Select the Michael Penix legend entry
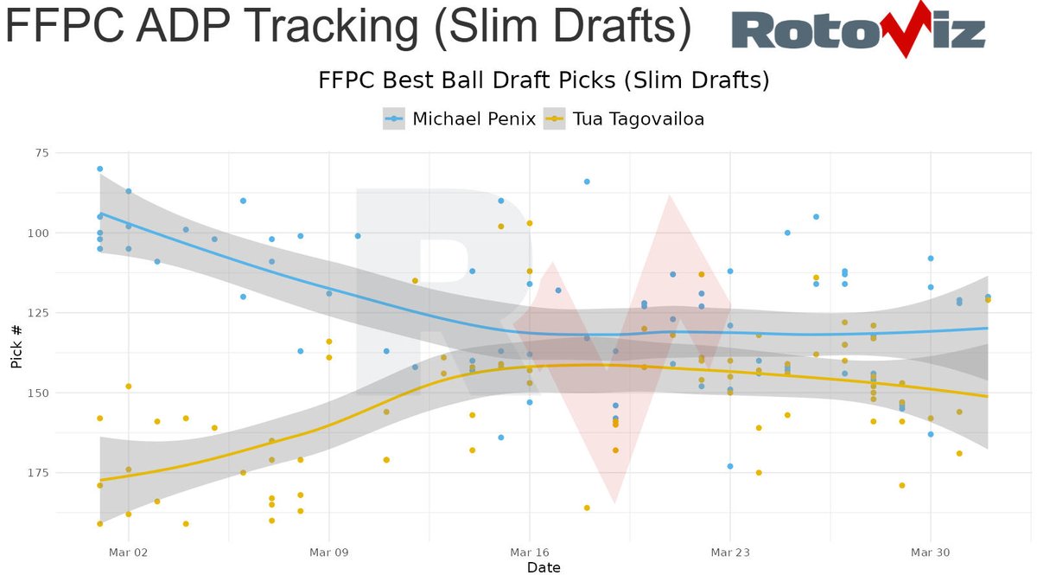click(459, 118)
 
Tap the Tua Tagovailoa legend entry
click(623, 118)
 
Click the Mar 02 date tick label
click(128, 551)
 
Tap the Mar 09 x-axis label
click(328, 551)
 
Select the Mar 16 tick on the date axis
click(529, 551)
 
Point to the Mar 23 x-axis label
click(729, 551)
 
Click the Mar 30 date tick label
click(930, 551)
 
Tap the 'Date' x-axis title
click(544, 567)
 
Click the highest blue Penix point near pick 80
click(99, 169)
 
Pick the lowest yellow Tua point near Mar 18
click(587, 508)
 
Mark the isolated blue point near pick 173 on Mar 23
click(730, 466)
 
